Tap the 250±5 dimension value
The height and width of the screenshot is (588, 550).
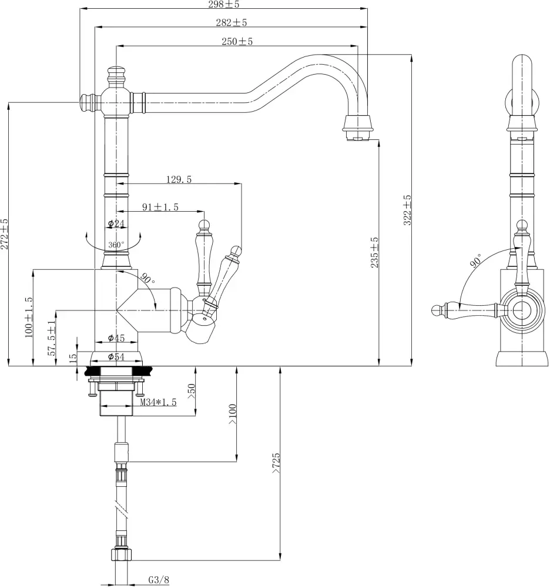[237, 41]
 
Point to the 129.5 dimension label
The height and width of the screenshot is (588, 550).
[179, 179]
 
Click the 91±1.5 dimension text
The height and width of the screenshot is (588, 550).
[160, 207]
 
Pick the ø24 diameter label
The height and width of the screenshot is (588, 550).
[117, 223]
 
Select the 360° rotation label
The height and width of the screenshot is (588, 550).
[116, 245]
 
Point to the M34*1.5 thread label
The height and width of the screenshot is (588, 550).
[159, 402]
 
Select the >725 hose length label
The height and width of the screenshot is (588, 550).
[276, 463]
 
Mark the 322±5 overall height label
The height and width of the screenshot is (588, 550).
[408, 210]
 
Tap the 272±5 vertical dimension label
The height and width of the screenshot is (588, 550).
[5, 234]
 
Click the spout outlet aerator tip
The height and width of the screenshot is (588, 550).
[357, 137]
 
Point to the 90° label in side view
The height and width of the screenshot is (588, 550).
[475, 260]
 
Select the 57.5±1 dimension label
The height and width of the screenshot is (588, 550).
[52, 339]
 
